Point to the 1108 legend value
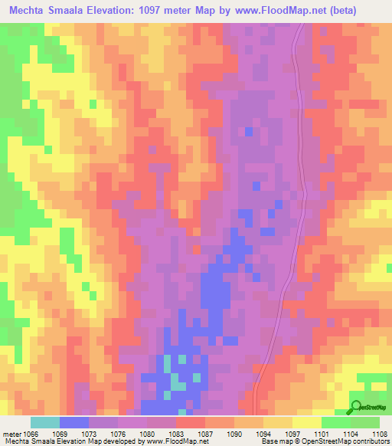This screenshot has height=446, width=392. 381,434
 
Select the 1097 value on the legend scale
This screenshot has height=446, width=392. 293,434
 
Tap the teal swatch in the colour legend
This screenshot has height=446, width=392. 45,422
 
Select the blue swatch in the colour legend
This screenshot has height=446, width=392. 74,422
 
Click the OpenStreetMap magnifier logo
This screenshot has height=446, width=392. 356,407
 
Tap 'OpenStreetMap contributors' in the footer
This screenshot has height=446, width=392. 351,442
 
